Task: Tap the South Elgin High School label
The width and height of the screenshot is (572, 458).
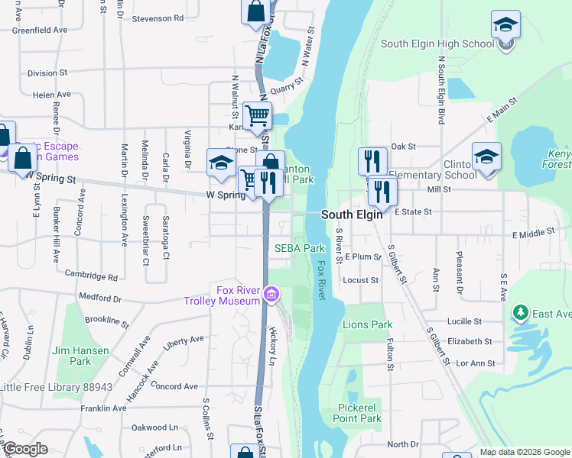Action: [x=437, y=44]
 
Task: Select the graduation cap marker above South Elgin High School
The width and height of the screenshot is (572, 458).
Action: [x=505, y=24]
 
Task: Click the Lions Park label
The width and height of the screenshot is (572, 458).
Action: [x=367, y=324]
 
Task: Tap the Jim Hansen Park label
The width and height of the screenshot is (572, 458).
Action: [x=80, y=356]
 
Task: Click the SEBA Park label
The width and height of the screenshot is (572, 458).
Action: [x=300, y=248]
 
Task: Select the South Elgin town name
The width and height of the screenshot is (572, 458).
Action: [x=351, y=214]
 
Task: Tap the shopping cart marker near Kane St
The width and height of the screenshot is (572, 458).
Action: [x=258, y=116]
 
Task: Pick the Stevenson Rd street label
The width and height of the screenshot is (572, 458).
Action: [x=158, y=18]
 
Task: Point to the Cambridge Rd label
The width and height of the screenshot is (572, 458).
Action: [x=90, y=275]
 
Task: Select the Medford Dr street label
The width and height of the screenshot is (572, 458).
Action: [x=99, y=297]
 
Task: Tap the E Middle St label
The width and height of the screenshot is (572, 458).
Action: [x=533, y=231]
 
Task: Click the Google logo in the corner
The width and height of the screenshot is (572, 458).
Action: [x=25, y=449]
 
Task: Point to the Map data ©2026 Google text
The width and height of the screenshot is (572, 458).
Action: [x=524, y=452]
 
